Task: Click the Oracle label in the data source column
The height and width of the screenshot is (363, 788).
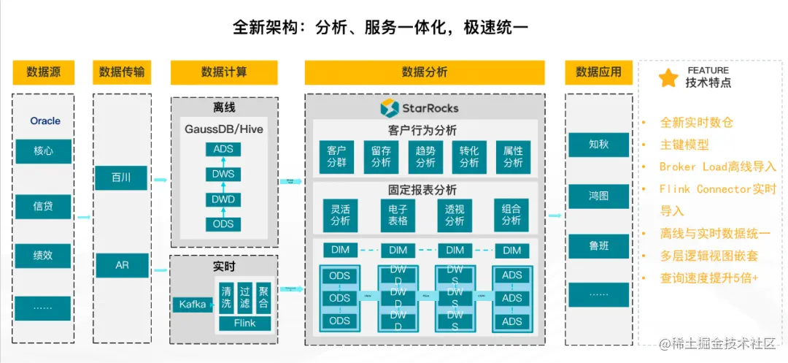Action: pyautogui.click(x=45, y=121)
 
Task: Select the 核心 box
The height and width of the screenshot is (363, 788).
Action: pyautogui.click(x=44, y=151)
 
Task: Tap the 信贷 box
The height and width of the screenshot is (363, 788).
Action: pyautogui.click(x=44, y=206)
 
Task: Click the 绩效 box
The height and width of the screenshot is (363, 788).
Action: pyautogui.click(x=44, y=256)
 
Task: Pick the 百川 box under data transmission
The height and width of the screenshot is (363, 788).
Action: pyautogui.click(x=121, y=177)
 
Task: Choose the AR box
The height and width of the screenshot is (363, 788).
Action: pyautogui.click(x=121, y=265)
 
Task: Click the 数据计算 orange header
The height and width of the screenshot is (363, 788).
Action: pyautogui.click(x=224, y=72)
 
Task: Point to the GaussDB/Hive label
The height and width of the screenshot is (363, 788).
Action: pyautogui.click(x=224, y=129)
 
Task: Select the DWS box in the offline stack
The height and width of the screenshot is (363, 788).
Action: pyautogui.click(x=223, y=175)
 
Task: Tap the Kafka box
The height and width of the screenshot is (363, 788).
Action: pyautogui.click(x=193, y=304)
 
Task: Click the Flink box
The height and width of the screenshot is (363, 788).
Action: pyautogui.click(x=244, y=323)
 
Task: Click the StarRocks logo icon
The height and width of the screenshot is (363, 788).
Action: pyautogui.click(x=389, y=108)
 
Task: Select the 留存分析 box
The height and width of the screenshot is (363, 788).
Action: pyautogui.click(x=381, y=157)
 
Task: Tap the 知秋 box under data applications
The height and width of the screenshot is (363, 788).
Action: pyautogui.click(x=598, y=145)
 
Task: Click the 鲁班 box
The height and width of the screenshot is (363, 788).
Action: pyautogui.click(x=598, y=246)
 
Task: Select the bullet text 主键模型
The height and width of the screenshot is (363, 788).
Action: pyautogui.click(x=684, y=145)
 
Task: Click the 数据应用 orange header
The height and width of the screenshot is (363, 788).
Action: pyautogui.click(x=598, y=72)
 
